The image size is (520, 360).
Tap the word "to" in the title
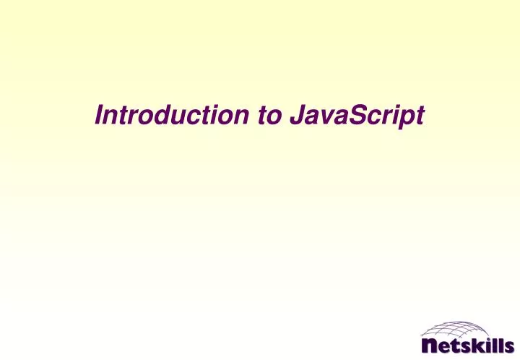click(265, 115)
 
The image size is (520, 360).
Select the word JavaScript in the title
click(355, 116)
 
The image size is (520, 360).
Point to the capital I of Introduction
click(100, 115)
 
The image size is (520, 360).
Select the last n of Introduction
click(240, 117)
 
